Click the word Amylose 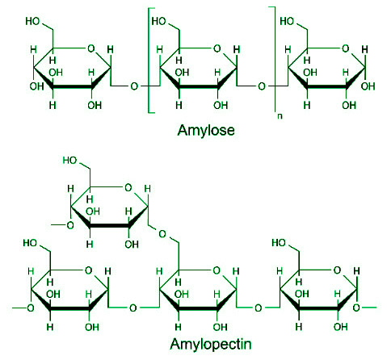(x=206, y=131)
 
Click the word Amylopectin (x=211, y=345)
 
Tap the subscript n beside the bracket (x=280, y=116)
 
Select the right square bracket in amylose (x=274, y=58)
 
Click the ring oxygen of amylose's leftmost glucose (x=91, y=48)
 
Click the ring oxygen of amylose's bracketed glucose (x=217, y=48)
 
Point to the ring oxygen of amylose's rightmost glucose (x=346, y=48)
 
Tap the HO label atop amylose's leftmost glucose (x=32, y=21)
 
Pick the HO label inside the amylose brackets (x=158, y=21)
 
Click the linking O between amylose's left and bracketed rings (x=134, y=86)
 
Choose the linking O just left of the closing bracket (x=262, y=86)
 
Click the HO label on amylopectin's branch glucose (x=69, y=161)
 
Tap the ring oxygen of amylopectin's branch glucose (x=128, y=188)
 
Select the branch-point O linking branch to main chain (x=162, y=234)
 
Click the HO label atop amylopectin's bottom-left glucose (x=30, y=243)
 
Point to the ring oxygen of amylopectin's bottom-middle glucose (x=217, y=270)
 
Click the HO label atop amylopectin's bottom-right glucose (x=279, y=243)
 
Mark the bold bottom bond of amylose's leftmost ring (x=72, y=87)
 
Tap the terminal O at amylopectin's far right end (x=356, y=308)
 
